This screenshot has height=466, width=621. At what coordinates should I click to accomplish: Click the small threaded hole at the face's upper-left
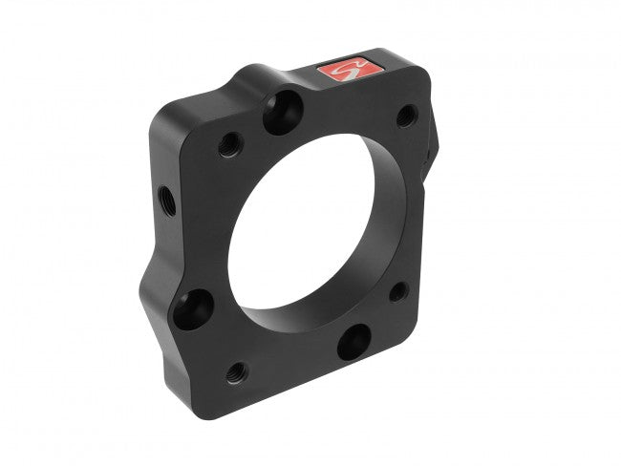click(229, 146)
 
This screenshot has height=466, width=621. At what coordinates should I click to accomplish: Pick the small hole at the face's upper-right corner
click(405, 116)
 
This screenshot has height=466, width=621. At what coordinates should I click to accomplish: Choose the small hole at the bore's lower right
click(398, 291)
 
